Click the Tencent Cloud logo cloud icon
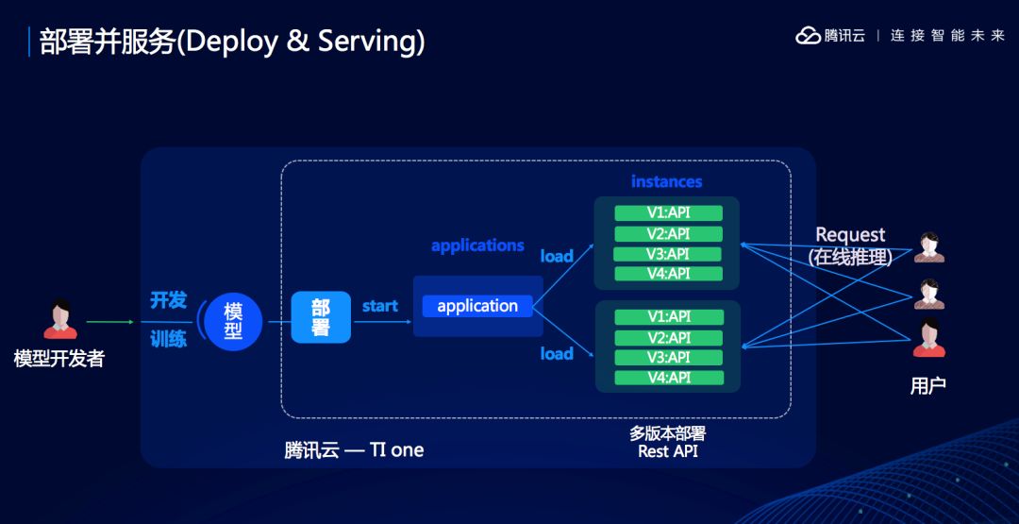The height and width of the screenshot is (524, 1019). [x=809, y=35]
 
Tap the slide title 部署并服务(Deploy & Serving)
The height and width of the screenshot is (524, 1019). [x=232, y=42]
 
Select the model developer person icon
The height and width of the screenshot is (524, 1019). [x=60, y=319]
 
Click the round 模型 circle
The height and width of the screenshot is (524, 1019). [x=233, y=321]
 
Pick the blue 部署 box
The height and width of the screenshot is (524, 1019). [x=321, y=317]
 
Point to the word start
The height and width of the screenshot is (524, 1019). [x=379, y=306]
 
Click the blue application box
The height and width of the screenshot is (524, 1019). [x=477, y=306]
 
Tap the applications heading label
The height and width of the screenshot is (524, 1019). [x=477, y=245]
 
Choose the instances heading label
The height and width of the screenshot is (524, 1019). [x=667, y=181]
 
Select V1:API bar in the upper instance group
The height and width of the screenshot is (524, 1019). [x=669, y=213]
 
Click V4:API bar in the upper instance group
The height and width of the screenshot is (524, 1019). [x=669, y=274]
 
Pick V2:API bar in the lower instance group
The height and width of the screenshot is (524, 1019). [x=669, y=337]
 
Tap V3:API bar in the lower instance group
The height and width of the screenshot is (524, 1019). [x=669, y=358]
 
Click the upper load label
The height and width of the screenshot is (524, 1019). [x=557, y=256]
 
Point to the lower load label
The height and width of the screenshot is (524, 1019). [x=557, y=354]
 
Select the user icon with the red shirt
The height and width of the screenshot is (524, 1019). [x=929, y=338]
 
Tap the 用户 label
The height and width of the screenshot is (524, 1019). [x=928, y=386]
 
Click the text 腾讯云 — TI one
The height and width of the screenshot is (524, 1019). [x=354, y=450]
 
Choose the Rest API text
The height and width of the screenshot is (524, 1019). [x=668, y=451]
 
